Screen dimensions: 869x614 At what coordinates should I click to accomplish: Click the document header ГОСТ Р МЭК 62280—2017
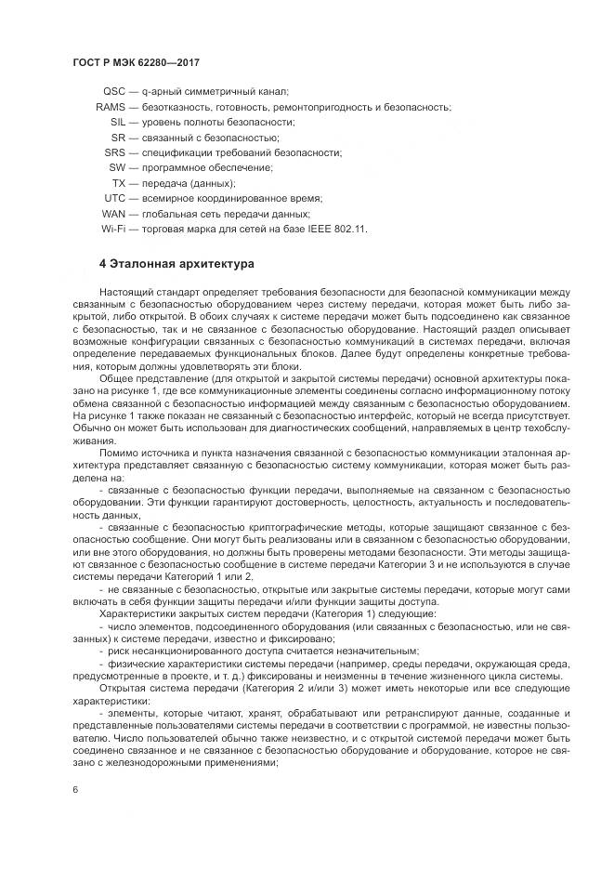(x=136, y=62)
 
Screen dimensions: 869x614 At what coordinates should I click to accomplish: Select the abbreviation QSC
(x=114, y=92)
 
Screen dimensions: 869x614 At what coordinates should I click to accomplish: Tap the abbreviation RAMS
(x=111, y=108)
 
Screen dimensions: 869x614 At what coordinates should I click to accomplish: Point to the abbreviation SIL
(x=118, y=123)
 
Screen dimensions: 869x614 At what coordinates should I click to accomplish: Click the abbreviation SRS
(x=115, y=152)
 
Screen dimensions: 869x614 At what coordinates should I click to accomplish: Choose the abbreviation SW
(x=117, y=167)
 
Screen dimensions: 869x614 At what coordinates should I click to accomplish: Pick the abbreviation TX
(x=119, y=183)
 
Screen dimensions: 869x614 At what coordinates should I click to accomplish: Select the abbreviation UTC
(x=115, y=198)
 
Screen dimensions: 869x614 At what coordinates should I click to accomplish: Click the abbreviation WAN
(x=113, y=213)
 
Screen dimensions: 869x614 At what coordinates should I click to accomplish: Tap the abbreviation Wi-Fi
(x=113, y=228)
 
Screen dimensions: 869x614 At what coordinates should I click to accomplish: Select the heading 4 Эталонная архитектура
(x=176, y=264)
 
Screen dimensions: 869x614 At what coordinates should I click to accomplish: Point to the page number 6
(x=74, y=788)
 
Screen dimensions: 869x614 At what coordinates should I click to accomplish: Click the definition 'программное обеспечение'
(x=194, y=167)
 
